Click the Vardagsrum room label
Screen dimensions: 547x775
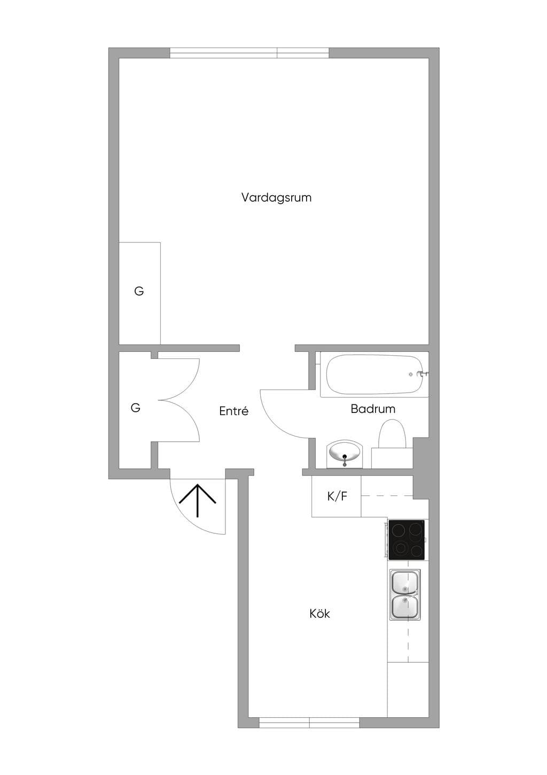coord(276,197)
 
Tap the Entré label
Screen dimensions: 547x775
coord(233,411)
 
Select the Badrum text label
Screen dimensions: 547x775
coord(373,409)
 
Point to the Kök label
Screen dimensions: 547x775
coord(319,613)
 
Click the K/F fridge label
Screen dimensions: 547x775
coord(337,496)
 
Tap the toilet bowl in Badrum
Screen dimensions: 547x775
coord(392,434)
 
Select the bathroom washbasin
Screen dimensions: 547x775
coord(345,454)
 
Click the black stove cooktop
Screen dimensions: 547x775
coord(406,540)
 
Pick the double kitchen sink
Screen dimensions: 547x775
coord(405,594)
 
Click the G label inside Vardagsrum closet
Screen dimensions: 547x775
coord(139,291)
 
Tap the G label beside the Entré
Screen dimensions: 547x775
coord(136,408)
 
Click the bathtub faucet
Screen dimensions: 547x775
coord(423,374)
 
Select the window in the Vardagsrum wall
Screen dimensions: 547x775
coord(249,53)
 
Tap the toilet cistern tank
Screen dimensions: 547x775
coord(392,458)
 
